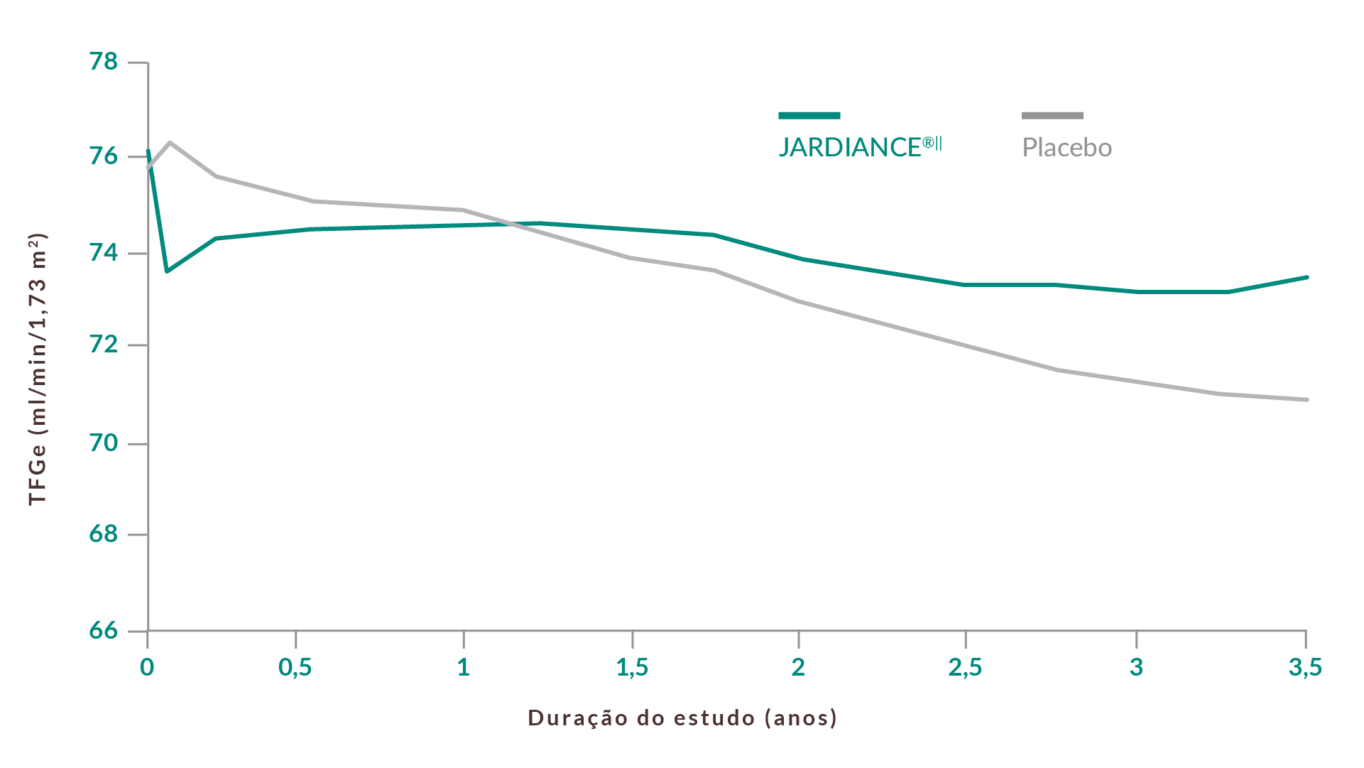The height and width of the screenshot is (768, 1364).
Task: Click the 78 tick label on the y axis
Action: pyautogui.click(x=104, y=62)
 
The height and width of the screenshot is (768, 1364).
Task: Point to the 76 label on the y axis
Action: pyautogui.click(x=104, y=156)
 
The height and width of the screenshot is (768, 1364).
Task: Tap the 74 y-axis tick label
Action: pyautogui.click(x=104, y=252)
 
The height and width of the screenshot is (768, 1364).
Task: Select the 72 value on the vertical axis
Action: pyautogui.click(x=104, y=345)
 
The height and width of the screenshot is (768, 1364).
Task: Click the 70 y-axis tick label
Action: pyautogui.click(x=104, y=443)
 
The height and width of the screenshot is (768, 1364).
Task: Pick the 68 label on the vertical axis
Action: pyautogui.click(x=104, y=534)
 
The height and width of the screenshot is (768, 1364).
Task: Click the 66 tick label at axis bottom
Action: pyautogui.click(x=104, y=630)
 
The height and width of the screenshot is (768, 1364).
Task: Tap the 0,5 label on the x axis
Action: pyautogui.click(x=295, y=667)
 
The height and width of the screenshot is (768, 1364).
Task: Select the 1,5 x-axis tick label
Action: pyautogui.click(x=632, y=667)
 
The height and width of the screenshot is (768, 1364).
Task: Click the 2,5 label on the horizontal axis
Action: pyautogui.click(x=965, y=667)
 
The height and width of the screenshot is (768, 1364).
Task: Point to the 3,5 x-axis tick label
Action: pyautogui.click(x=1305, y=667)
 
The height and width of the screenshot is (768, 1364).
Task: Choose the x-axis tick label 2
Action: pyautogui.click(x=799, y=667)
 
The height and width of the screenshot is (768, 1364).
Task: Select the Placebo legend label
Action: pyautogui.click(x=1066, y=148)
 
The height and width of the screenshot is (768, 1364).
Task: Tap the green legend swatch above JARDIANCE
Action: pyautogui.click(x=809, y=115)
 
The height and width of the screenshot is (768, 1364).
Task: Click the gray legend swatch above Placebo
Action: pyautogui.click(x=1052, y=115)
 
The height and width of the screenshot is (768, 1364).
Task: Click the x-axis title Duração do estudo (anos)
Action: pyautogui.click(x=682, y=718)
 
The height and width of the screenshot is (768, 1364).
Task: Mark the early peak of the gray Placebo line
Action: pyautogui.click(x=170, y=142)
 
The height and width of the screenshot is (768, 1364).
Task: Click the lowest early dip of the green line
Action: pyautogui.click(x=167, y=271)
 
